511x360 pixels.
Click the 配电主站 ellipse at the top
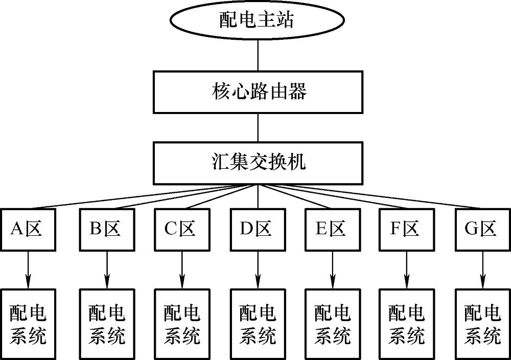[x=258, y=20]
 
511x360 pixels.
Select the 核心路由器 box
[x=258, y=92]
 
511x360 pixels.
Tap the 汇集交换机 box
[x=258, y=163]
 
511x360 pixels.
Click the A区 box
[x=28, y=229]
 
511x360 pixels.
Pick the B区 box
[x=107, y=229]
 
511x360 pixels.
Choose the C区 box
[x=182, y=229]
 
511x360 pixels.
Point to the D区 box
[x=257, y=229]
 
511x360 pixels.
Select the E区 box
[x=332, y=229]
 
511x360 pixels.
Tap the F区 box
[x=407, y=229]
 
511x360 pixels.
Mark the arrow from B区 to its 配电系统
[x=107, y=269]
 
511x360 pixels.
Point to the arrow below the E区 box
[x=332, y=269]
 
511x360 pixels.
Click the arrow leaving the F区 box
[x=407, y=269]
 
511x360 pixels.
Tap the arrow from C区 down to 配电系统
[x=182, y=269]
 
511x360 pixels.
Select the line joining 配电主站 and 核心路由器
[x=258, y=56]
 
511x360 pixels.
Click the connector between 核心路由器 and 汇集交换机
[x=258, y=127]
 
